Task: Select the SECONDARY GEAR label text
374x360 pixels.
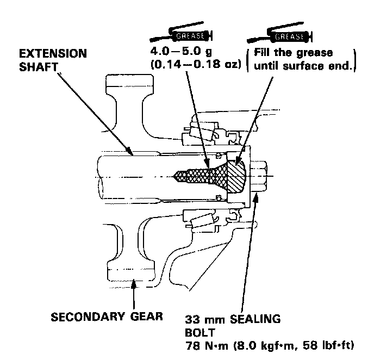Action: tap(107, 316)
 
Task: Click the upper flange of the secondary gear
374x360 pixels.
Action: tap(124, 82)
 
